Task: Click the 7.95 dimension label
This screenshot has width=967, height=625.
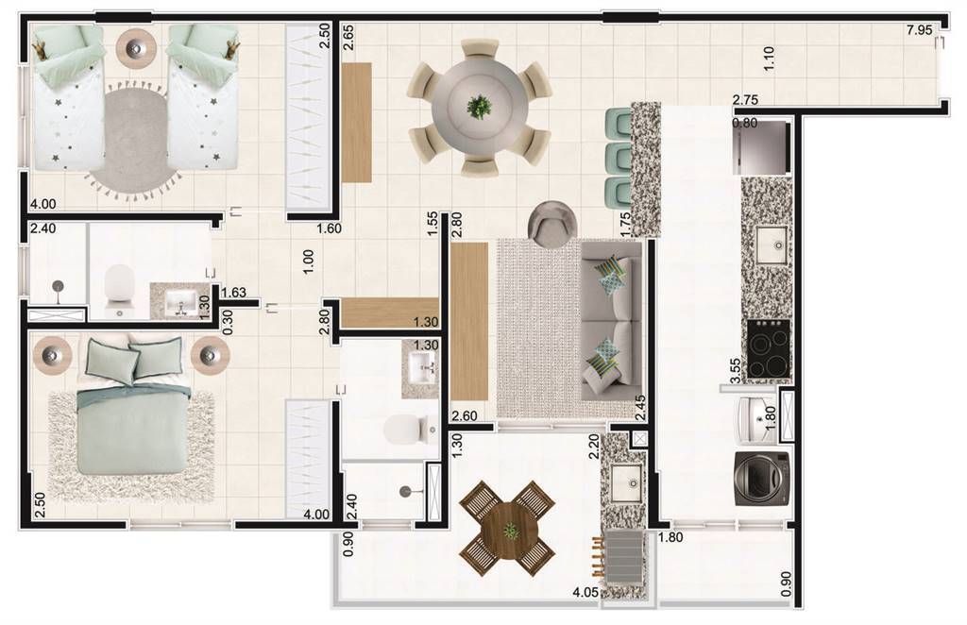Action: coord(919,29)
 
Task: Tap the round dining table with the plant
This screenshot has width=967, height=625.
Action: coord(479,109)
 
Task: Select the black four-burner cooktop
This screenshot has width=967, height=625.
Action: coord(769,348)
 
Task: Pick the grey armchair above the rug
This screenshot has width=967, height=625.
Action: coord(553,225)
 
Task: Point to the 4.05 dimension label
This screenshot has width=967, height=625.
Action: coord(585,593)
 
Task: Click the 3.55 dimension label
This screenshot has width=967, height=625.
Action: coord(735,370)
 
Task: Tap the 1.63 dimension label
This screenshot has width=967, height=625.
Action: coord(234,293)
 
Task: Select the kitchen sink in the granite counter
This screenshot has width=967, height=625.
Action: coord(772,245)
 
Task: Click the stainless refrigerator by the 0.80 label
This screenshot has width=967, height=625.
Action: coord(762,148)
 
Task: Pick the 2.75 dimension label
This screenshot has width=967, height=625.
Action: coord(746,100)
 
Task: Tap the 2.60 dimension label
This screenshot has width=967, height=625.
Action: coord(465,416)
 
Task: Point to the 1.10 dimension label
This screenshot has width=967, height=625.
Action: coord(769,59)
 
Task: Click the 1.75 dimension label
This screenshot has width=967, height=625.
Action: coord(625,225)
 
